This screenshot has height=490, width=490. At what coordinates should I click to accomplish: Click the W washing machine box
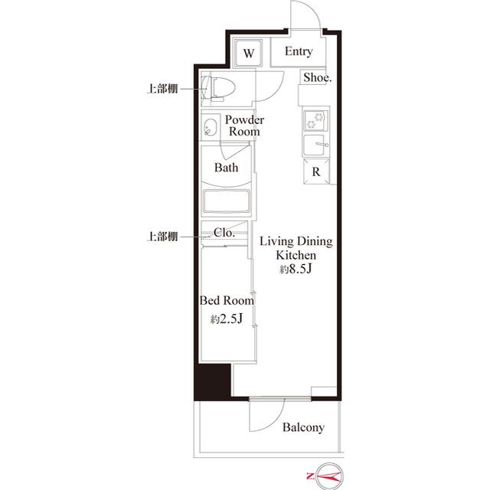pos(250,53)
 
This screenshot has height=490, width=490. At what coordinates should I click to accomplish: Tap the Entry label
pos(299,52)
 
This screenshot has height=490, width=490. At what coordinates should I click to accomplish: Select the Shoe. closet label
pos(317,77)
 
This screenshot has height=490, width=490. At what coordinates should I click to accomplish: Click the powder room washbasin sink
pos(210,127)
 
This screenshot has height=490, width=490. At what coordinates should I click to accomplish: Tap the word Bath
pos(226,168)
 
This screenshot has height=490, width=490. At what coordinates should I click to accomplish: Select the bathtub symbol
pos(228,203)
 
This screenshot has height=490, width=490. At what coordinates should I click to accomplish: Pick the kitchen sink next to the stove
pos(315,145)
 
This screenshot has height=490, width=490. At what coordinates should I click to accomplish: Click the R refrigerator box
pos(315,171)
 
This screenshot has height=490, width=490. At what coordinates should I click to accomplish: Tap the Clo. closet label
pos(224,232)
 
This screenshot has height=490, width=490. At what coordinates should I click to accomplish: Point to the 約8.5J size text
pos(295,269)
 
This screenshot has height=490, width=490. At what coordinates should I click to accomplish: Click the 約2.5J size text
pos(227,319)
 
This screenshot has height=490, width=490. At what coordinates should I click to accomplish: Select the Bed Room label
pos(227,301)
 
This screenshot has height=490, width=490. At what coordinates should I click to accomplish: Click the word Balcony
pos(303,427)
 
